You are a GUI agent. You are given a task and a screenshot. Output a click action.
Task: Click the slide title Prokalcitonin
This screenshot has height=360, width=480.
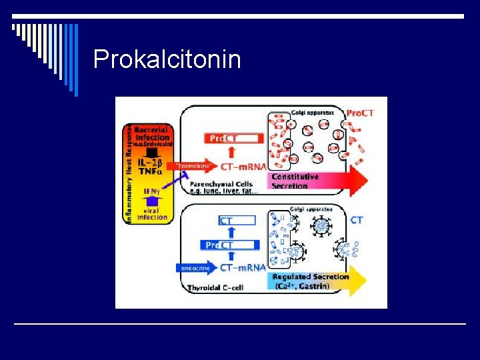[x=167, y=59]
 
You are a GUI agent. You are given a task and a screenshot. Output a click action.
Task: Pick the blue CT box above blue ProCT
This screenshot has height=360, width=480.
[x=237, y=220]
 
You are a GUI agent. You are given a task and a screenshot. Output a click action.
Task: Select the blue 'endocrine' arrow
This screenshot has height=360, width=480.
[x=196, y=268]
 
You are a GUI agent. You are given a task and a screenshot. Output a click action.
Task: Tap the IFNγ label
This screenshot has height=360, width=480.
[x=152, y=191]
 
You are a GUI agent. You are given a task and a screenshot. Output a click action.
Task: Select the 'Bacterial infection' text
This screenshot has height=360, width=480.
[x=152, y=133]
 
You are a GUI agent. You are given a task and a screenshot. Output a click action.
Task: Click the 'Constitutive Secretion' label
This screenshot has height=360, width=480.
[x=295, y=181]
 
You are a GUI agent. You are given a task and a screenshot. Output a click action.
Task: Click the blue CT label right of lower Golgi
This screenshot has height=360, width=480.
[x=357, y=220]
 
